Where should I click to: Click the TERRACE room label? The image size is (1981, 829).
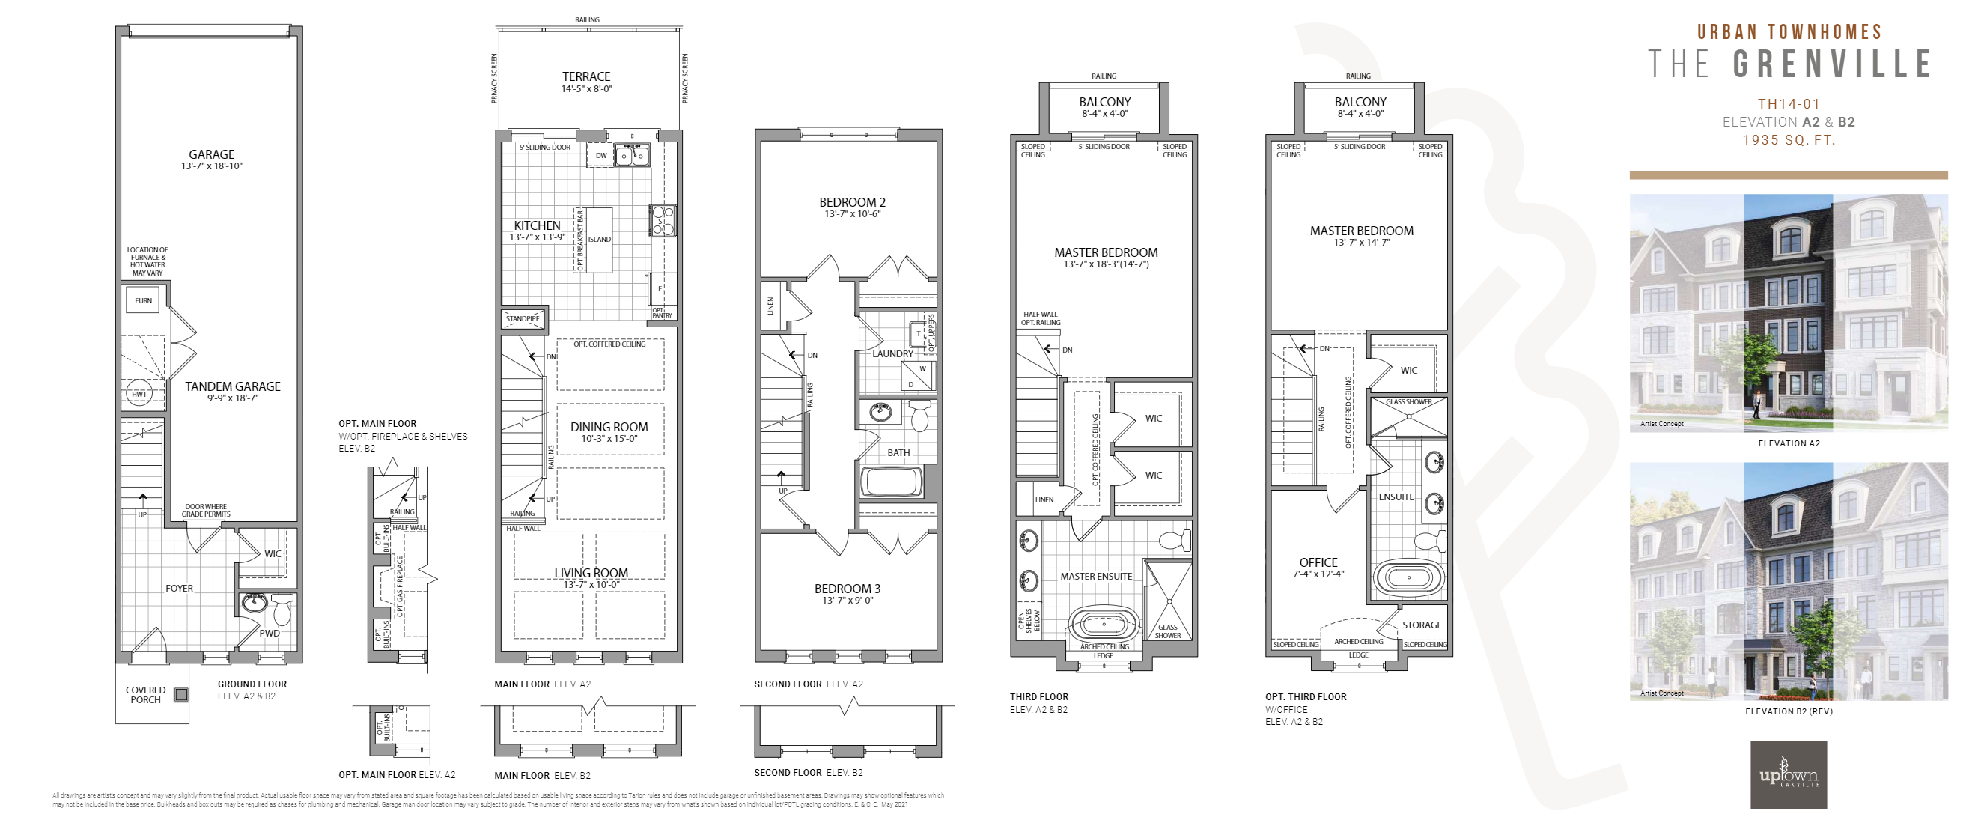[x=586, y=77]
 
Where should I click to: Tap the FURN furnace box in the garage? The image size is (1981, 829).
[x=143, y=301]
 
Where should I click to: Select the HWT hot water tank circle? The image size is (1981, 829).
[x=139, y=394]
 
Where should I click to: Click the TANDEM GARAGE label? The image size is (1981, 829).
[x=232, y=387]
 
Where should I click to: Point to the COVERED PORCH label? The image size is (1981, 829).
[x=145, y=695]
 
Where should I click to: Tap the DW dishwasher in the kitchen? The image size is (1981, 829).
[x=601, y=156]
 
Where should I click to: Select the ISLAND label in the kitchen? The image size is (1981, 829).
[x=599, y=239]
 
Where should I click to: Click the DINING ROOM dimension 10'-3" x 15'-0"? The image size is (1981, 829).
[x=609, y=439]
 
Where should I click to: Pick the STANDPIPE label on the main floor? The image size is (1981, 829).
[x=523, y=318]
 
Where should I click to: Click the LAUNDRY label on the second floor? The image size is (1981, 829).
[x=892, y=353]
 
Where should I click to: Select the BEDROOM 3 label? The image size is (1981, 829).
[x=848, y=589]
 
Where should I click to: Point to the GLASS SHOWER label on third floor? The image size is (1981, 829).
[x=1167, y=631]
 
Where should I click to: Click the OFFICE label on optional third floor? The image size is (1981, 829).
[x=1318, y=563]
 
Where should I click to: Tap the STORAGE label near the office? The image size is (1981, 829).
[x=1421, y=625]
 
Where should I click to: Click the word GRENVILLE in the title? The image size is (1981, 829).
[x=1833, y=64]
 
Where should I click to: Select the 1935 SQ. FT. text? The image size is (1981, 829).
[x=1789, y=140]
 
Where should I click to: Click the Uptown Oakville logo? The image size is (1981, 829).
[x=1789, y=774]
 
